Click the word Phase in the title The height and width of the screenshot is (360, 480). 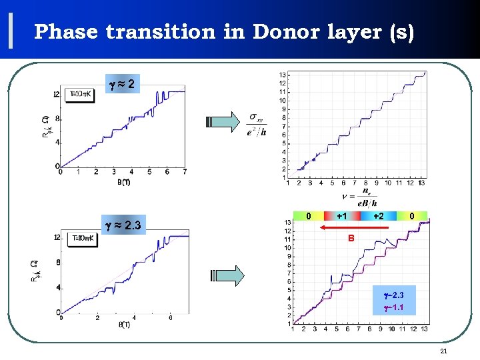coord(66,32)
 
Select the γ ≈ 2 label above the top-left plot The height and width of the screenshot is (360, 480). coord(123,85)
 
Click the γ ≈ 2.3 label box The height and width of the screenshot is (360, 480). coord(123,225)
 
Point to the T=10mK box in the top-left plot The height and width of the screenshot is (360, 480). coord(83,94)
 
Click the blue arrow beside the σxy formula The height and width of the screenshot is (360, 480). coord(223,123)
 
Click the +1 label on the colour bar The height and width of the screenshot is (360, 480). coord(341,216)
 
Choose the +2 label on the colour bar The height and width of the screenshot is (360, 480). coord(378,216)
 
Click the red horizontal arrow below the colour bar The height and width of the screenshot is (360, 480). coord(354,228)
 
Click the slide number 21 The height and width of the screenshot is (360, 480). coord(444,351)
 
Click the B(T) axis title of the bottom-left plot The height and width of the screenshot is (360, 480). coord(124,325)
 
